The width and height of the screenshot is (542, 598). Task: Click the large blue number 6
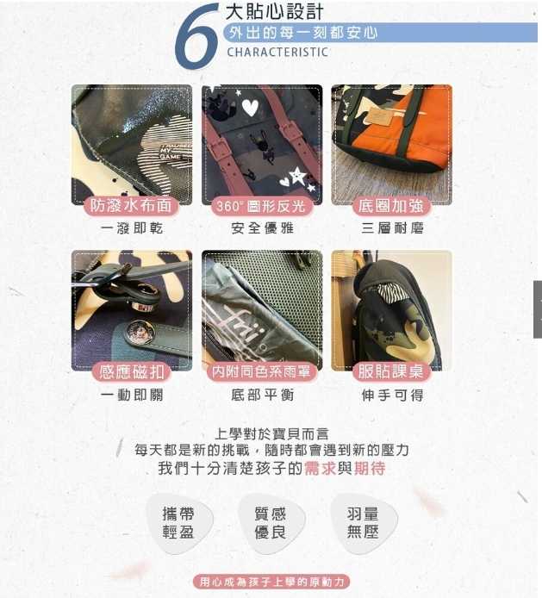click(196, 37)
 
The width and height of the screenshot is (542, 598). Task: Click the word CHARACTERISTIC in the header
click(277, 52)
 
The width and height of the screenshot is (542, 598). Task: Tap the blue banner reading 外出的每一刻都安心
click(380, 33)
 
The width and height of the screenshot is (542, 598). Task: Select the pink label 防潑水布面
click(131, 206)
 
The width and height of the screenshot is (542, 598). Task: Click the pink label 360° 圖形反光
click(261, 206)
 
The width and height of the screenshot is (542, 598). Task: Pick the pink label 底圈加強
click(392, 206)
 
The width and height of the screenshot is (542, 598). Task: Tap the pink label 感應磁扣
click(132, 372)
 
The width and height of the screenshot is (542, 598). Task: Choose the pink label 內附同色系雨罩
click(262, 372)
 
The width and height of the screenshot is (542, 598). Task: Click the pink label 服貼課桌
click(392, 372)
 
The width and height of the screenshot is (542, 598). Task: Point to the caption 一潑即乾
click(132, 228)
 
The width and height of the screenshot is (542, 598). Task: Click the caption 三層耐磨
click(392, 228)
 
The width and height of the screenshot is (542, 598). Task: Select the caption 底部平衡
click(263, 395)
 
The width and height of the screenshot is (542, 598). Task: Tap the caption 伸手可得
click(392, 395)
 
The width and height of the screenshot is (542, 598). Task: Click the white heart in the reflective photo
click(250, 108)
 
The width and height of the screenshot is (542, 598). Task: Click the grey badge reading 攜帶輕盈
click(179, 523)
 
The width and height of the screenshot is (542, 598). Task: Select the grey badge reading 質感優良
click(271, 523)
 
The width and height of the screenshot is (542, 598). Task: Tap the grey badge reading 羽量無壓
click(363, 523)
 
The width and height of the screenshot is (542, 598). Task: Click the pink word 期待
click(370, 469)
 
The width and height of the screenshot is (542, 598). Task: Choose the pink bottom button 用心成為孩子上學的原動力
click(271, 582)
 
